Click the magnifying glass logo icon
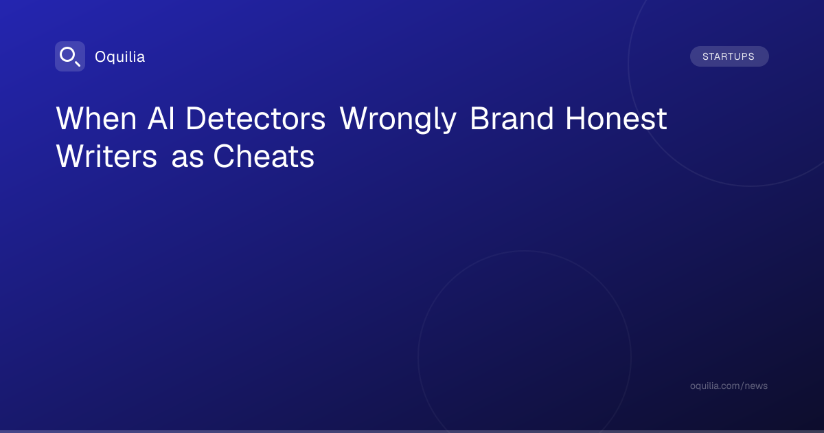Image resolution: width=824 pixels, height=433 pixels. [x=70, y=56]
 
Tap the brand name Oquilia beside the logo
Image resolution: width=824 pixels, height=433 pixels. [x=120, y=57]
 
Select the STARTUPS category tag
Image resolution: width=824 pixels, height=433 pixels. [x=729, y=56]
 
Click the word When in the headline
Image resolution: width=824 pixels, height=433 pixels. [x=96, y=118]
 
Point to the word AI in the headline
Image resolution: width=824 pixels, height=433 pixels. [x=161, y=118]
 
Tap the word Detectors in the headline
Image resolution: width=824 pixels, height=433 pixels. [x=255, y=118]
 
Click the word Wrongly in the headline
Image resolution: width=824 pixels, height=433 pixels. [x=398, y=120]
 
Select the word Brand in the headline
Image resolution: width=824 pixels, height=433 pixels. [x=512, y=118]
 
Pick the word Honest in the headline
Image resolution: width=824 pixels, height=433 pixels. [x=616, y=118]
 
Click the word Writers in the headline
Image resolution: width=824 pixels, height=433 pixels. [x=106, y=157]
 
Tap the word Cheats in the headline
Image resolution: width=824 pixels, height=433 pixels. [x=264, y=157]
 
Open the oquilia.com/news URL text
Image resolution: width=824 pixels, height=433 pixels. [x=729, y=386]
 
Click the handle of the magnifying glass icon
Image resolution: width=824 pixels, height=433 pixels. [x=78, y=63]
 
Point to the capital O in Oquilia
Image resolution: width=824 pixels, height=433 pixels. [x=101, y=57]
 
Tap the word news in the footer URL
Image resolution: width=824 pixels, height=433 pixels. [x=758, y=386]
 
